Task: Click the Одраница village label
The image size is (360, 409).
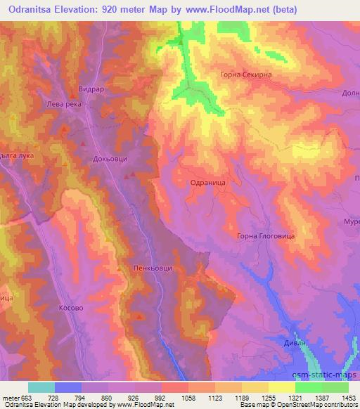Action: (207, 181)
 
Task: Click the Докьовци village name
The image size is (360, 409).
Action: (110, 160)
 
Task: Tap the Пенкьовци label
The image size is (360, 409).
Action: (152, 268)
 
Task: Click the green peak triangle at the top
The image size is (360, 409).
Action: (181, 40)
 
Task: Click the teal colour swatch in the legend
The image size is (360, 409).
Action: (41, 387)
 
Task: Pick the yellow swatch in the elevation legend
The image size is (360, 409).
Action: (282, 387)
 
